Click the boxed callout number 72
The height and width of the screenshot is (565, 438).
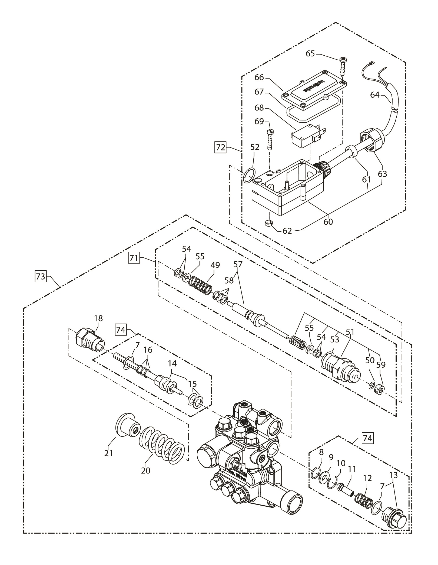tap(221, 147)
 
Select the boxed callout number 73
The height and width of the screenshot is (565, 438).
tap(39, 277)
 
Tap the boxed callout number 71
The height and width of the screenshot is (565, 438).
tap(134, 258)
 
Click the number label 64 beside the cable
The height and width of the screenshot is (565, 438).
tap(375, 95)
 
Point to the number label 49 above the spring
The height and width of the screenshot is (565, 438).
tap(216, 265)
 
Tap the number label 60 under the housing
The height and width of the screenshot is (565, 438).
tap(328, 221)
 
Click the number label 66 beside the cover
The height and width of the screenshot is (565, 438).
tap(259, 78)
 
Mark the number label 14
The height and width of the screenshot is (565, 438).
tap(172, 364)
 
